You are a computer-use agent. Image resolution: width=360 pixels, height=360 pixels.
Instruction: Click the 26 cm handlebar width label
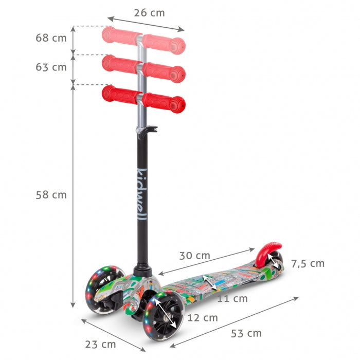(x=149, y=13)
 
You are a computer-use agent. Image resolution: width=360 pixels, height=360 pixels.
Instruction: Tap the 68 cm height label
(x=51, y=38)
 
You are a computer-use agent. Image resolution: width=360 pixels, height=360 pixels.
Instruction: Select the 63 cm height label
(x=51, y=67)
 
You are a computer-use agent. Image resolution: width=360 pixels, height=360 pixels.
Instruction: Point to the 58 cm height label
(x=51, y=195)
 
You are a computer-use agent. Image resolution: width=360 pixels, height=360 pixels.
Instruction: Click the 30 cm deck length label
(x=194, y=255)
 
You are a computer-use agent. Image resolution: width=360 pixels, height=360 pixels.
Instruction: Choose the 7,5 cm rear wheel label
(x=308, y=263)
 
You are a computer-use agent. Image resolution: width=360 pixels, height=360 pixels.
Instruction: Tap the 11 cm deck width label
(x=232, y=298)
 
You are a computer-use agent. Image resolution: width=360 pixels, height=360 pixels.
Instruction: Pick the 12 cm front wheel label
(x=203, y=317)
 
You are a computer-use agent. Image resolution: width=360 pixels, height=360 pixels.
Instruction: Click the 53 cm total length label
(x=246, y=333)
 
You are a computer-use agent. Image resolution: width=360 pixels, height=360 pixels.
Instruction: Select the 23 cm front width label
(x=100, y=344)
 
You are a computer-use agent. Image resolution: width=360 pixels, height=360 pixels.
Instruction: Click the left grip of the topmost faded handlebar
(x=121, y=35)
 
